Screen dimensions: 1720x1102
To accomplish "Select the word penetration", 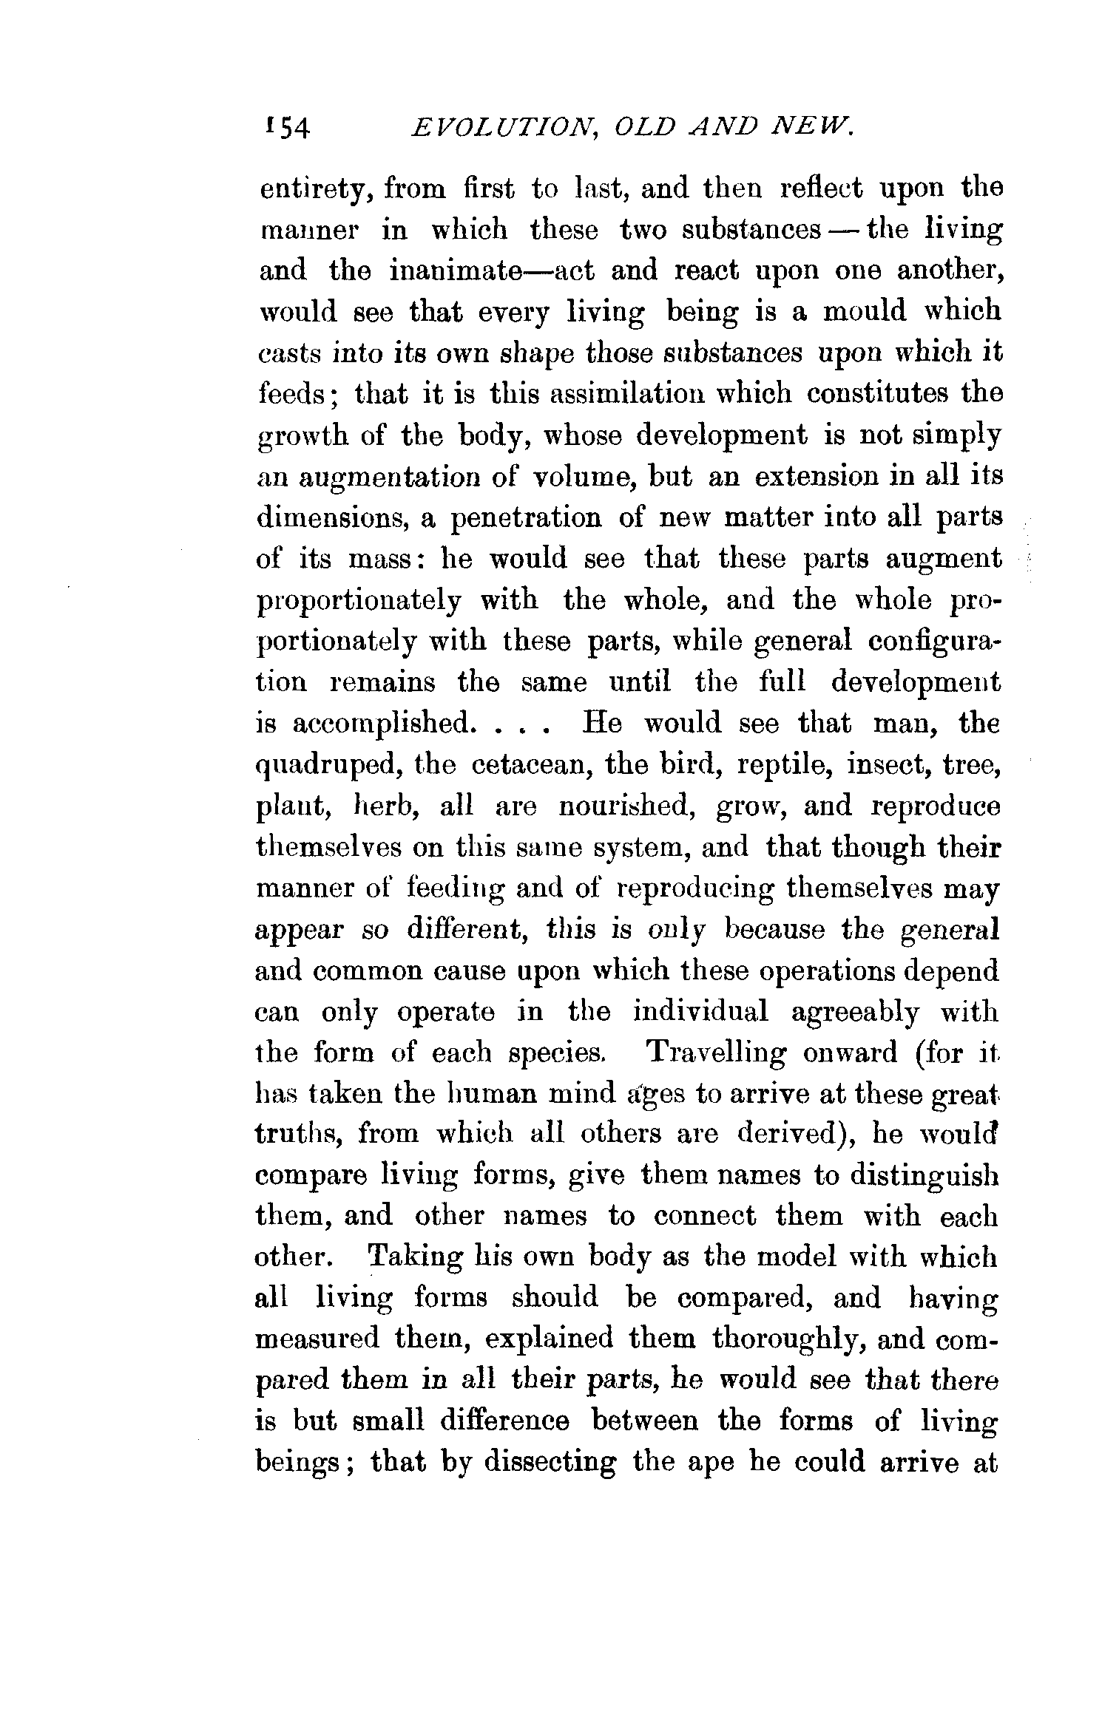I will [525, 517].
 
